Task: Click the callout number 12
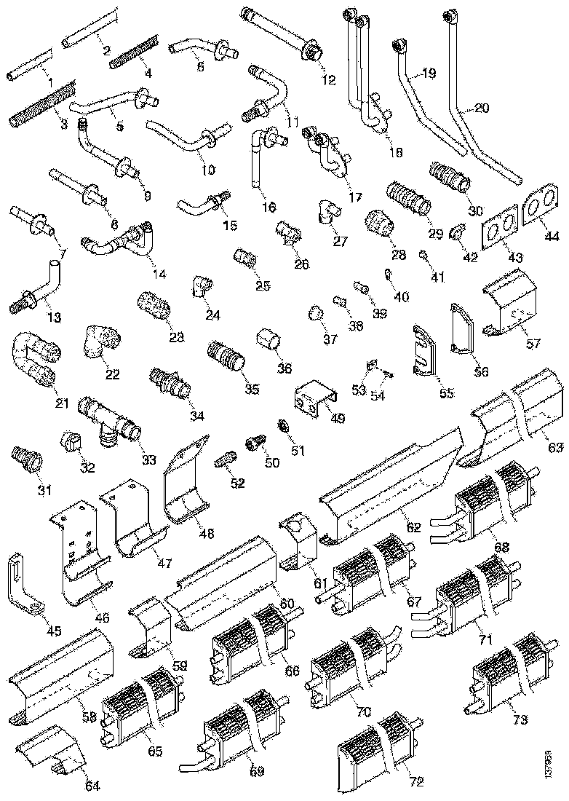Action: coord(329,80)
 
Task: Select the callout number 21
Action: coord(60,403)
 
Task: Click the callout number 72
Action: coord(415,782)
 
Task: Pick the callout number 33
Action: coord(148,459)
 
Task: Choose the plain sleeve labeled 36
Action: coord(269,340)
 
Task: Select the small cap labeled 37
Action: coord(315,313)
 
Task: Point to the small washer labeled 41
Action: coord(422,255)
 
